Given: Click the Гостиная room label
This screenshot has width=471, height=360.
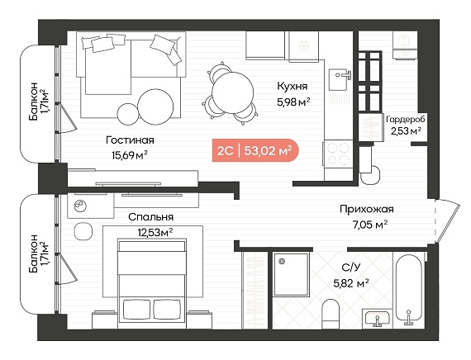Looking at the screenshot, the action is click(x=130, y=140).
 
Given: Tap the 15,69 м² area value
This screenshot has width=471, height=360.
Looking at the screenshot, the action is click(x=130, y=155).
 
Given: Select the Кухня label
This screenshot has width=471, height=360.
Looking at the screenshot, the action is click(x=293, y=87).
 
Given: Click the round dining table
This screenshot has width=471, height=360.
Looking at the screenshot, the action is click(x=233, y=92).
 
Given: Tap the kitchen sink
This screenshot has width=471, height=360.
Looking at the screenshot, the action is click(x=340, y=79).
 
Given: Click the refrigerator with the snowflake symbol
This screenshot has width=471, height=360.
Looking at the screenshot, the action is click(x=303, y=46).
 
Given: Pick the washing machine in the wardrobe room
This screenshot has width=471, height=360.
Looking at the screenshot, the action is click(x=405, y=45).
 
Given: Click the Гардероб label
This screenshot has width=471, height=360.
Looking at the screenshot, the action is click(x=406, y=120).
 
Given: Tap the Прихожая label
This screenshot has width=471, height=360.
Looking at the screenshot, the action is click(x=366, y=209).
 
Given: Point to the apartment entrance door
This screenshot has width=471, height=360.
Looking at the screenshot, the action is click(x=448, y=220).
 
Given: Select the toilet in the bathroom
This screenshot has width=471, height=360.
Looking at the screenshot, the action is click(x=331, y=314).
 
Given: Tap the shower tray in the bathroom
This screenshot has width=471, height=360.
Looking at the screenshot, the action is click(x=291, y=274).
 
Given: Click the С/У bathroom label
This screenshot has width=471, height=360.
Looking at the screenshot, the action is click(x=351, y=268).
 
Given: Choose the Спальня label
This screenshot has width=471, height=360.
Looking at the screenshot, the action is click(x=150, y=217).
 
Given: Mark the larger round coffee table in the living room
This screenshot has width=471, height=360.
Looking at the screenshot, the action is click(x=155, y=107).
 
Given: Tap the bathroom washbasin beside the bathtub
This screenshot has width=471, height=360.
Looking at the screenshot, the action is click(x=378, y=318).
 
